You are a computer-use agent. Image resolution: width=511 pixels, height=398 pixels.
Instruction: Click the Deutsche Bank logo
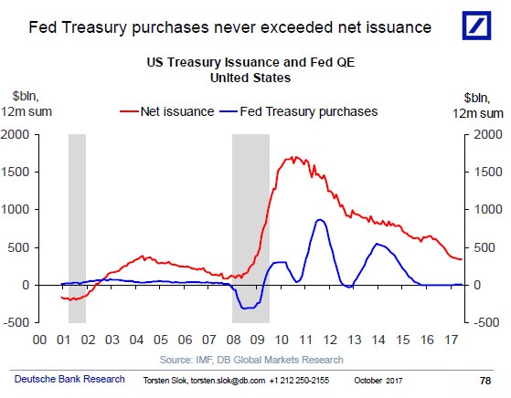478,25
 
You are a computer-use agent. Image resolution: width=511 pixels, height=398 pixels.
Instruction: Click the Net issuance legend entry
167,112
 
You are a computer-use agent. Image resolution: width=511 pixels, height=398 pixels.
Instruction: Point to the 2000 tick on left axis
18,134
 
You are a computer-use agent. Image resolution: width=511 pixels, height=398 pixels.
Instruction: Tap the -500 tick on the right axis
484,322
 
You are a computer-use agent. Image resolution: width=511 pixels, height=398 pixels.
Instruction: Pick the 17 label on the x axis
451,339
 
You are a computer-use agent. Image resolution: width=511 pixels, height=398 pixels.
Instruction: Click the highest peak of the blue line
319,219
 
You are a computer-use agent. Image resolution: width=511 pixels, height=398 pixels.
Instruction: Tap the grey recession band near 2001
77,228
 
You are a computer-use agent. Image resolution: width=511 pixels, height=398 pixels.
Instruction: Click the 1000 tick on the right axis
484,209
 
